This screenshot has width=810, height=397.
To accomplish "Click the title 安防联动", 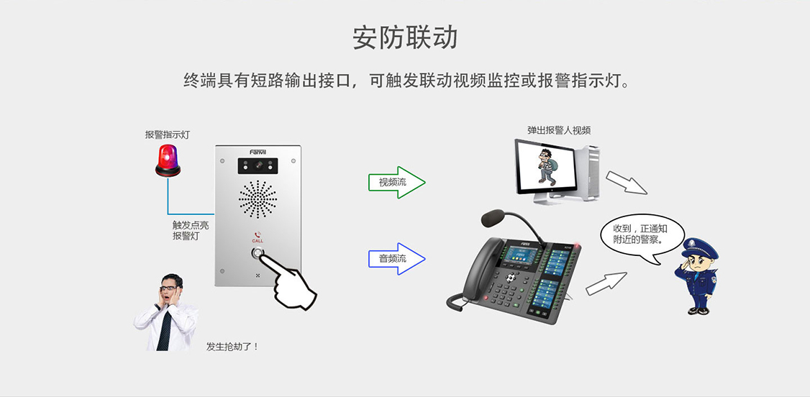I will [405, 37].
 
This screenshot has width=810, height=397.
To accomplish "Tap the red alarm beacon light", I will [168, 160].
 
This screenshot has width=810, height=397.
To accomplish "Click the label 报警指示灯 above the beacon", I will [168, 134].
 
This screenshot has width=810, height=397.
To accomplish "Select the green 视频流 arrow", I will [396, 182].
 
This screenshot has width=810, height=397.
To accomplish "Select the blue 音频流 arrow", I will [396, 257].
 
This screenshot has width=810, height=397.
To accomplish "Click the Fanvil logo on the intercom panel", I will [258, 152].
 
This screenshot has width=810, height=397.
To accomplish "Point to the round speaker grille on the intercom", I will [258, 199].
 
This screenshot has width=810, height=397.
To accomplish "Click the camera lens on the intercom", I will [258, 166].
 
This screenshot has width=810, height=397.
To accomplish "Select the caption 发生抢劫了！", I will [232, 347].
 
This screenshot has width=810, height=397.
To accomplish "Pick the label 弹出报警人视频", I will [559, 130].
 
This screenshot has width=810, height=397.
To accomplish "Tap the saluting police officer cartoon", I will [696, 275].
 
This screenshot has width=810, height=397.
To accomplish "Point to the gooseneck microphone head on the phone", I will [497, 216].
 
